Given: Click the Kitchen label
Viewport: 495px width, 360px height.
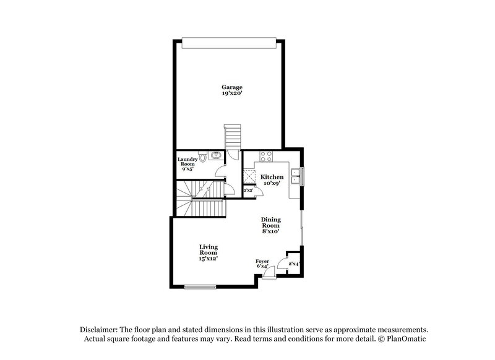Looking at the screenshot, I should click(x=272, y=178).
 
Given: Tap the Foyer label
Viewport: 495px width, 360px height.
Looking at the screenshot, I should click(x=262, y=262).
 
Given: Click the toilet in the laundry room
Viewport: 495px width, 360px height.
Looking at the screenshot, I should click(x=202, y=157).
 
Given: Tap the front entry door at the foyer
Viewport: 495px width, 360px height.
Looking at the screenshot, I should click(x=269, y=274).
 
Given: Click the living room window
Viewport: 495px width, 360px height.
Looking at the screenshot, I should click(x=200, y=286).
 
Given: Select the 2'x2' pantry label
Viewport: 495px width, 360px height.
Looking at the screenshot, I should click(x=249, y=191).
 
